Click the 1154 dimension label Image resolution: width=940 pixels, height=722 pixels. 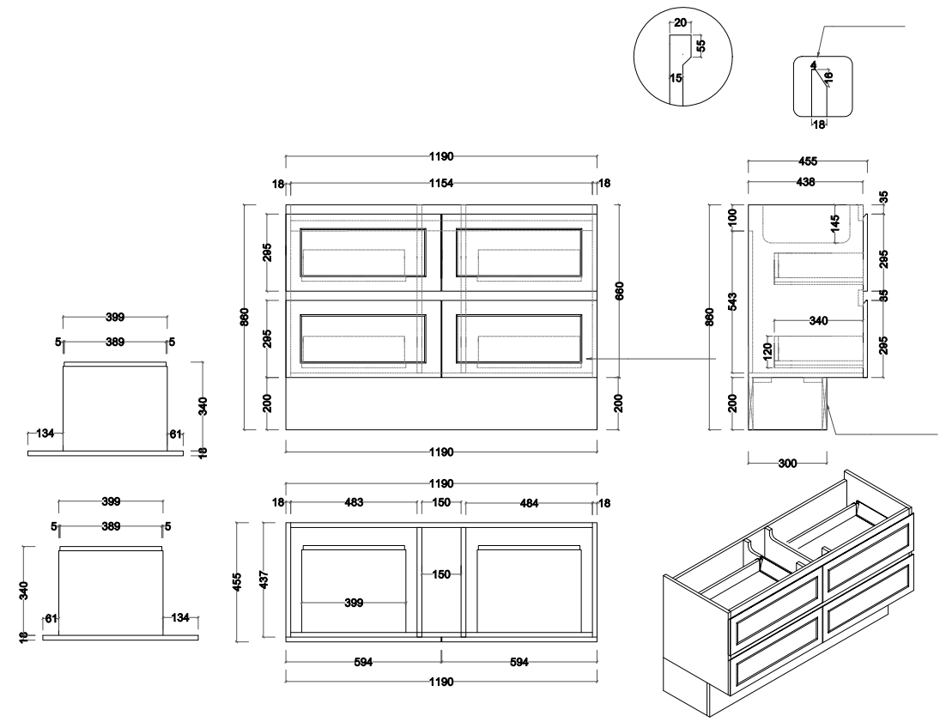tap(441, 184)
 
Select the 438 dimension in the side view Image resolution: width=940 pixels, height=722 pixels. tap(804, 182)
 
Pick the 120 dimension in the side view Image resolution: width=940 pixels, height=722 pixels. tap(768, 349)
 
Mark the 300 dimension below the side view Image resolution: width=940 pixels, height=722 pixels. tap(786, 463)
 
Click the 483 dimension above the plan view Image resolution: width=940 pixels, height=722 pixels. tap(354, 502)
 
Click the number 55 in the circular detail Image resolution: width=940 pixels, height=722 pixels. tap(700, 46)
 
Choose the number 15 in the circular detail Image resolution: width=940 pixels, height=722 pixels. tap(676, 78)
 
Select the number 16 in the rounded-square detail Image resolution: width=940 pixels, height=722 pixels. tap(828, 77)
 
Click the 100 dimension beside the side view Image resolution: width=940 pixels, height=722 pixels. tap(733, 215)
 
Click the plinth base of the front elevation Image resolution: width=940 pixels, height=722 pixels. tap(441, 403)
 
